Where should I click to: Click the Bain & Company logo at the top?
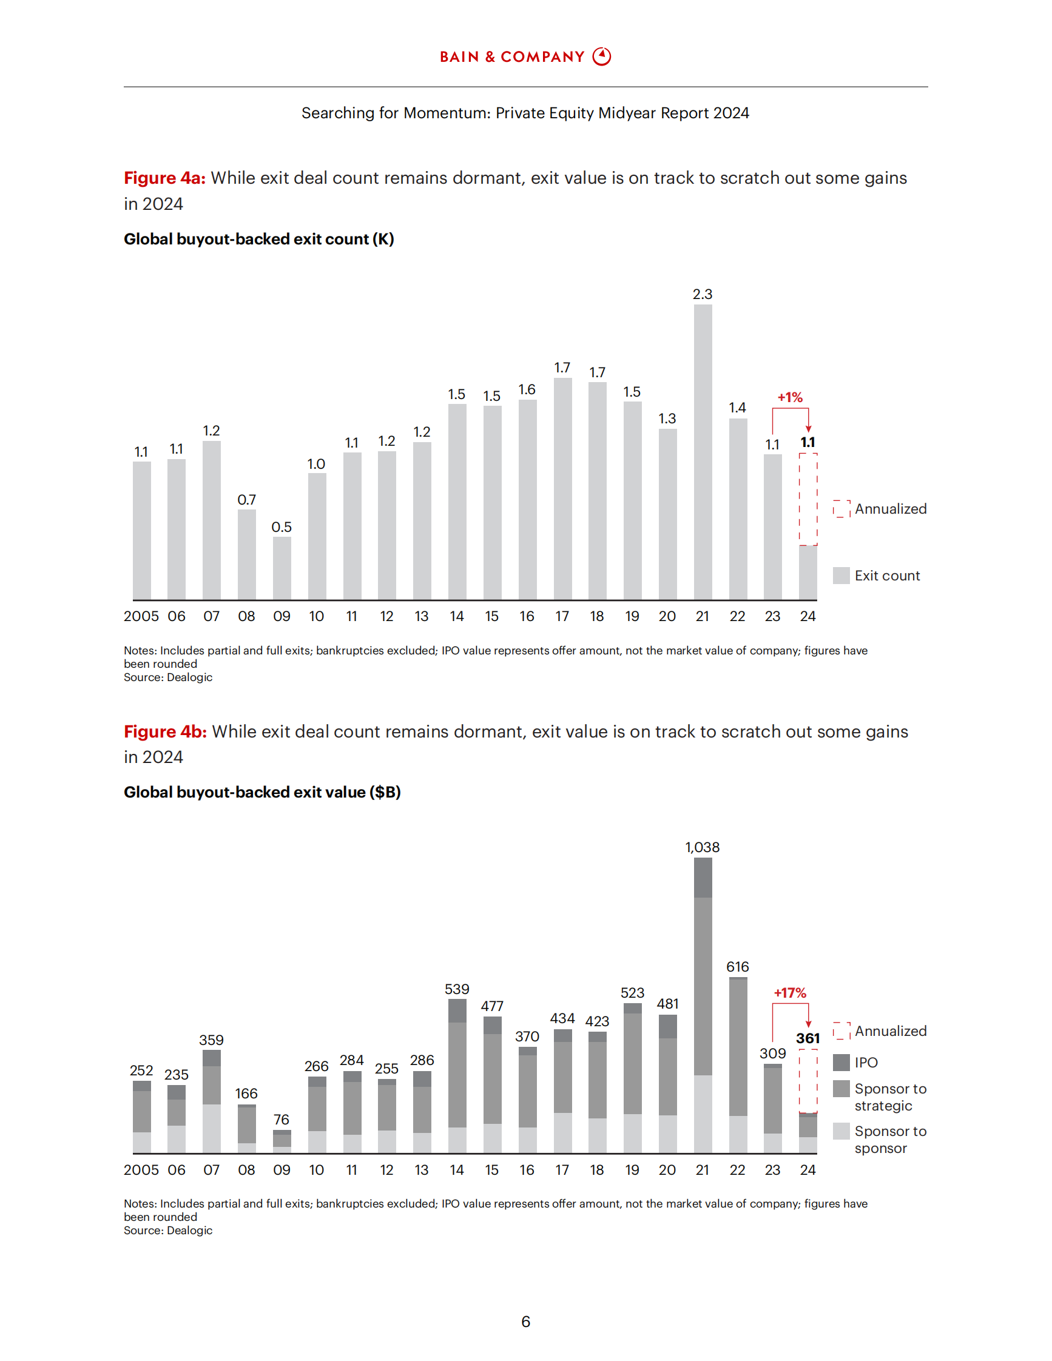pos(525,57)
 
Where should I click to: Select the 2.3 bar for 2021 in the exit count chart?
pos(703,452)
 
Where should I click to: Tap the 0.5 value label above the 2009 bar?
pos(282,527)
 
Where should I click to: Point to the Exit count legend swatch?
pos(841,575)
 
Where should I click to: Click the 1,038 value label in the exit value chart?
pos(703,847)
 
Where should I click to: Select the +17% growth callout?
pos(790,993)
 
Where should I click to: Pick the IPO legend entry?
pos(855,1063)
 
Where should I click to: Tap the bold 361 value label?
pos(808,1038)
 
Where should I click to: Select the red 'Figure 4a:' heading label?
pos(164,178)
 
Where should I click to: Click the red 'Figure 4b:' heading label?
pos(165,731)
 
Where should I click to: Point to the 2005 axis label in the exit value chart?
pos(141,1170)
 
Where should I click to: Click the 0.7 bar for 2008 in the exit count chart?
pos(247,554)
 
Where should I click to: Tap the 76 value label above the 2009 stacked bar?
pos(282,1120)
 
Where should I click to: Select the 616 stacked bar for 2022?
pos(738,1065)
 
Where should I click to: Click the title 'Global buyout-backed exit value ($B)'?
pos(261,792)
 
